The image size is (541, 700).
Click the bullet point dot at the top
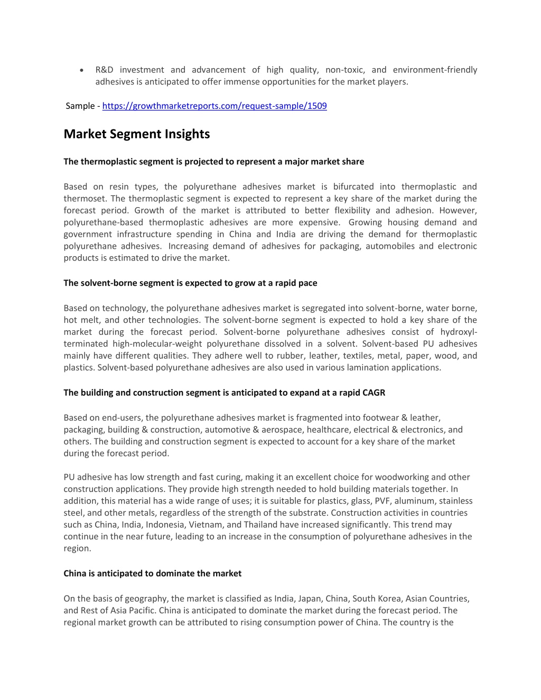(x=80, y=70)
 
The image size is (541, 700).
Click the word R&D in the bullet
(x=104, y=70)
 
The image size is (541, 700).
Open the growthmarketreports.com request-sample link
(x=214, y=106)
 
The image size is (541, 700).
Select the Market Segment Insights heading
(x=136, y=134)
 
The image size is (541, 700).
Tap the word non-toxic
(x=344, y=70)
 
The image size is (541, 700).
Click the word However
(x=457, y=210)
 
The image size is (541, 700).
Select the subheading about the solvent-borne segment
(x=190, y=283)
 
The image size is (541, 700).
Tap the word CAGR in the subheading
(x=374, y=393)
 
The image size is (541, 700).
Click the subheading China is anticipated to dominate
(x=152, y=573)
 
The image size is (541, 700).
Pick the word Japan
(x=309, y=599)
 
